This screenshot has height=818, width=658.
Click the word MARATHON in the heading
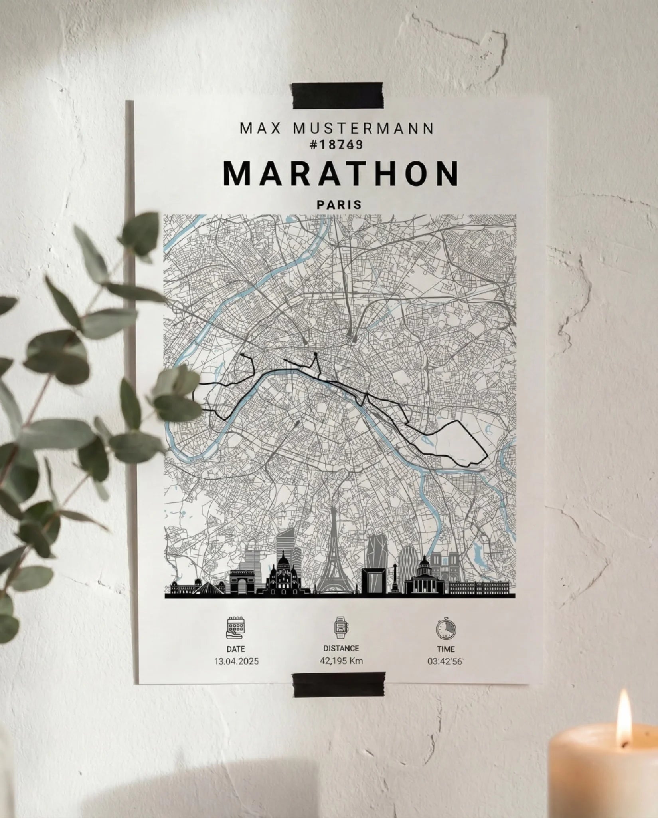coord(341,174)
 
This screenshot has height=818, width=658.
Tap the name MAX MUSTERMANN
coord(337,129)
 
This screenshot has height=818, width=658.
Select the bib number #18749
coord(336,145)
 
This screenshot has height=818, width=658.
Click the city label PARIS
coord(339,205)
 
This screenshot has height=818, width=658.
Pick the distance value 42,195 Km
coord(341,661)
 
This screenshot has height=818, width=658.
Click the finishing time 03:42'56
coord(445,661)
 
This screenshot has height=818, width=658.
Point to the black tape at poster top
coord(338,96)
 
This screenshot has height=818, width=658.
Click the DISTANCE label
coord(341,649)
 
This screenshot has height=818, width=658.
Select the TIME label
coord(445,649)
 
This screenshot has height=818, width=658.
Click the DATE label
coord(235,649)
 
